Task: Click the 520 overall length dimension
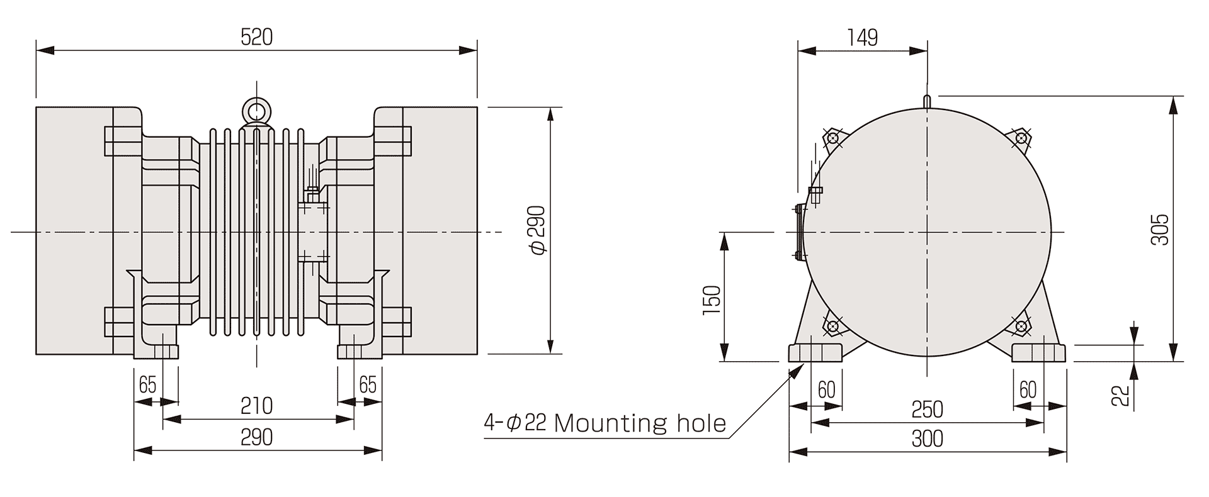257,37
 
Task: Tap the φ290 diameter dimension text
538,230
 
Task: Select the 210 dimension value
257,406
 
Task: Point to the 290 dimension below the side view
257,437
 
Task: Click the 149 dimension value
862,38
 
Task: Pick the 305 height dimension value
1159,230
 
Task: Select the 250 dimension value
928,410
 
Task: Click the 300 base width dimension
928,438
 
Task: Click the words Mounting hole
640,423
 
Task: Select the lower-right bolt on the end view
1021,326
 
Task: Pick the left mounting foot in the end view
816,352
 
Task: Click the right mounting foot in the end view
1039,352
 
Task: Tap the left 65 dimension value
147,384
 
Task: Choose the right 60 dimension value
1028,391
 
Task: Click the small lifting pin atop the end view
928,101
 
